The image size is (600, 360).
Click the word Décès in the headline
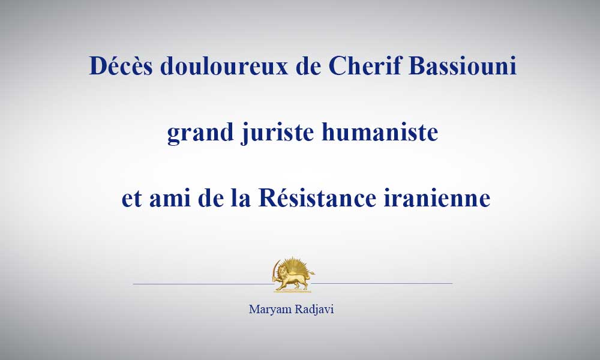[x=121, y=65]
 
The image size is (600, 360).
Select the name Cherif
[x=365, y=65]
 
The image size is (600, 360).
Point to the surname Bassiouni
[x=463, y=65]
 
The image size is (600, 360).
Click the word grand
[x=200, y=133]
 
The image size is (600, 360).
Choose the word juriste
[x=278, y=133]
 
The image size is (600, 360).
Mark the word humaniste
[x=380, y=132]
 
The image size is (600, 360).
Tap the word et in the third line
[x=132, y=199]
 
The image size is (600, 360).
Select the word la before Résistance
[x=241, y=198]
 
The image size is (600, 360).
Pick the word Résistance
[x=317, y=198]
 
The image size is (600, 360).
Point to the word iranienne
[x=437, y=198]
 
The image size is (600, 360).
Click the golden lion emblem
[x=293, y=274]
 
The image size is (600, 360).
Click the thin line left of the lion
[x=203, y=284]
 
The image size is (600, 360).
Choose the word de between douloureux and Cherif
[x=308, y=65]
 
